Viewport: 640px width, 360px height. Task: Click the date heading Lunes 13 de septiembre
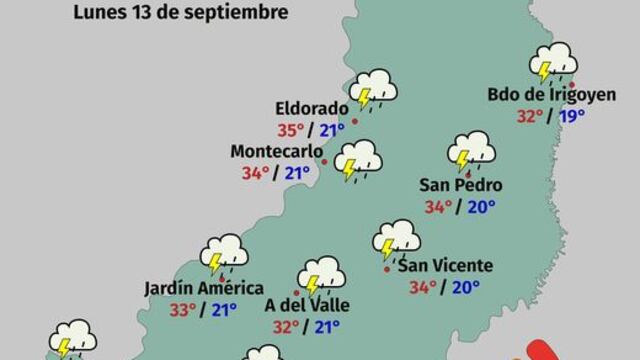click(180, 13)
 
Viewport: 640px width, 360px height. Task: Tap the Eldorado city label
click(312, 108)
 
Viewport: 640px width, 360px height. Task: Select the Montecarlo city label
click(268, 151)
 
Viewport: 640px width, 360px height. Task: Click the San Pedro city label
click(460, 185)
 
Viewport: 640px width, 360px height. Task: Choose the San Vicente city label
click(445, 265)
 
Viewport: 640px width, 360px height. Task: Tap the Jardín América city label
click(190, 287)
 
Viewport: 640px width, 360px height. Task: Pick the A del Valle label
click(297, 304)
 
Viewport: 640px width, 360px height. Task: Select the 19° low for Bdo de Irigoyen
click(572, 116)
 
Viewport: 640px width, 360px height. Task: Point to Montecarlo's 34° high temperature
click(255, 173)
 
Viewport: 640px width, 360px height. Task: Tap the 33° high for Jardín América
click(182, 309)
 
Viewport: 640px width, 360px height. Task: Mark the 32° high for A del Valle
click(287, 326)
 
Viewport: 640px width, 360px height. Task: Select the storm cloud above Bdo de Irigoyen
click(554, 62)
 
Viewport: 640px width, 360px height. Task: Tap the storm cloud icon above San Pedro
click(472, 151)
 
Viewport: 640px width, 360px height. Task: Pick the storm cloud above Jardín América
click(224, 253)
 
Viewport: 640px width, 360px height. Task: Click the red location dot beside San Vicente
click(387, 268)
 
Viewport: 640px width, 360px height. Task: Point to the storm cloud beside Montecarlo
click(358, 159)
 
